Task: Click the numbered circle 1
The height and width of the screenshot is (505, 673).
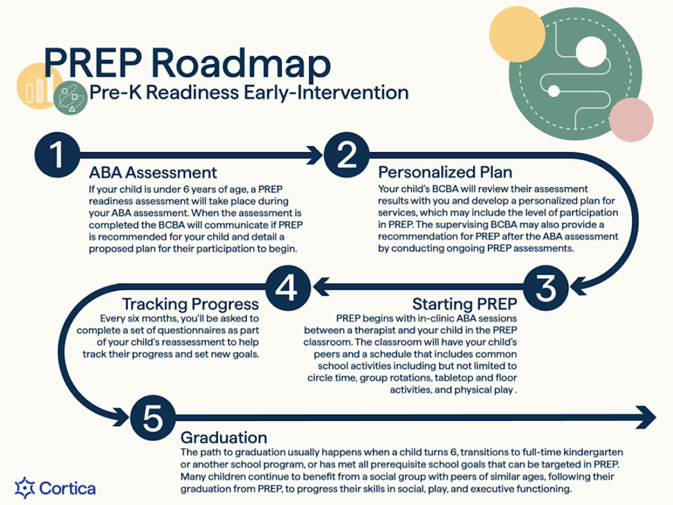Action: [x=58, y=155]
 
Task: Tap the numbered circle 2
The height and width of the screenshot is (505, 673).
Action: [x=347, y=155]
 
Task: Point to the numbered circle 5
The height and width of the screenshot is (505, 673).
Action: [x=153, y=418]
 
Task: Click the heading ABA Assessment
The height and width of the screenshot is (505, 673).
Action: [x=153, y=172]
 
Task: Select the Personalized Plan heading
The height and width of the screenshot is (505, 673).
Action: [x=445, y=172]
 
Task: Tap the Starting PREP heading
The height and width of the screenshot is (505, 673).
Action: [x=465, y=303]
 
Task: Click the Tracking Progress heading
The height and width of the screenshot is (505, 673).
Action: [x=190, y=303]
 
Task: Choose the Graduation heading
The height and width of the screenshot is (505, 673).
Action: [x=223, y=437]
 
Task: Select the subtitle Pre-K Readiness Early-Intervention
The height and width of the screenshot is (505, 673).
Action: [x=248, y=92]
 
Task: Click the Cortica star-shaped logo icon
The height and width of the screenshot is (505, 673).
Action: [x=25, y=487]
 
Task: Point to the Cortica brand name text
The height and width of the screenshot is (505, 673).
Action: [x=67, y=487]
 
